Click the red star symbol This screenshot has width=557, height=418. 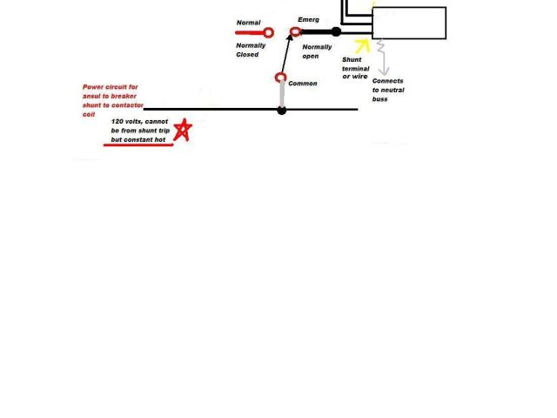[183, 131]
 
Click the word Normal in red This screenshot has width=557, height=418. [248, 23]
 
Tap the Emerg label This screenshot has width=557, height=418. [309, 19]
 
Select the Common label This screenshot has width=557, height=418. [303, 84]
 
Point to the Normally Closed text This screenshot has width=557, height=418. [251, 50]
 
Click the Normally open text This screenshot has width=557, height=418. [317, 51]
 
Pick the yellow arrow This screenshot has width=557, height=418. [362, 44]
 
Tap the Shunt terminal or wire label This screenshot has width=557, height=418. [355, 69]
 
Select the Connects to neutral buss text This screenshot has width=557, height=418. [388, 91]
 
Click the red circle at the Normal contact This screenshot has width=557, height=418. [268, 33]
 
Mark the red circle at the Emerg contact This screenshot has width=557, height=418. [296, 31]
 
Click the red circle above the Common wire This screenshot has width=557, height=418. [281, 78]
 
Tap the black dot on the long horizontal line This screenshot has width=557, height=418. [281, 110]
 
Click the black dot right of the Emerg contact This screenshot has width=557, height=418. [336, 31]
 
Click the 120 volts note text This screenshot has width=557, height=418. [140, 130]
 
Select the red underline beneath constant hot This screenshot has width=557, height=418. [138, 145]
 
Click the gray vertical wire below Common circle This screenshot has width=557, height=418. [281, 94]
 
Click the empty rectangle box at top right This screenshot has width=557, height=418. [409, 23]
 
